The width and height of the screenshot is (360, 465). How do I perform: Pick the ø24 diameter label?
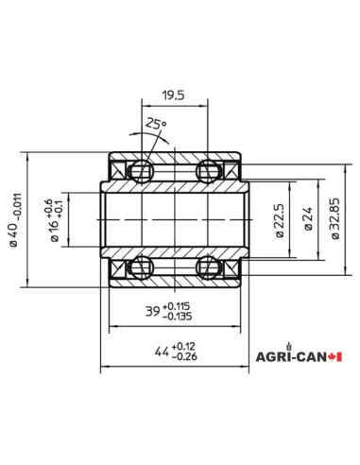tap(306, 223)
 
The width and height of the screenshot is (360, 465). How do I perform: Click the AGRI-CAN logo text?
tap(290, 357)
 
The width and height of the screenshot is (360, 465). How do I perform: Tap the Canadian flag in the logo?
tap(334, 357)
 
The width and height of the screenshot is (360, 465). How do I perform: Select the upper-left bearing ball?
tap(141, 172)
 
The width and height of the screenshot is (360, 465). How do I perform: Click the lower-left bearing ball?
tap(141, 269)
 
